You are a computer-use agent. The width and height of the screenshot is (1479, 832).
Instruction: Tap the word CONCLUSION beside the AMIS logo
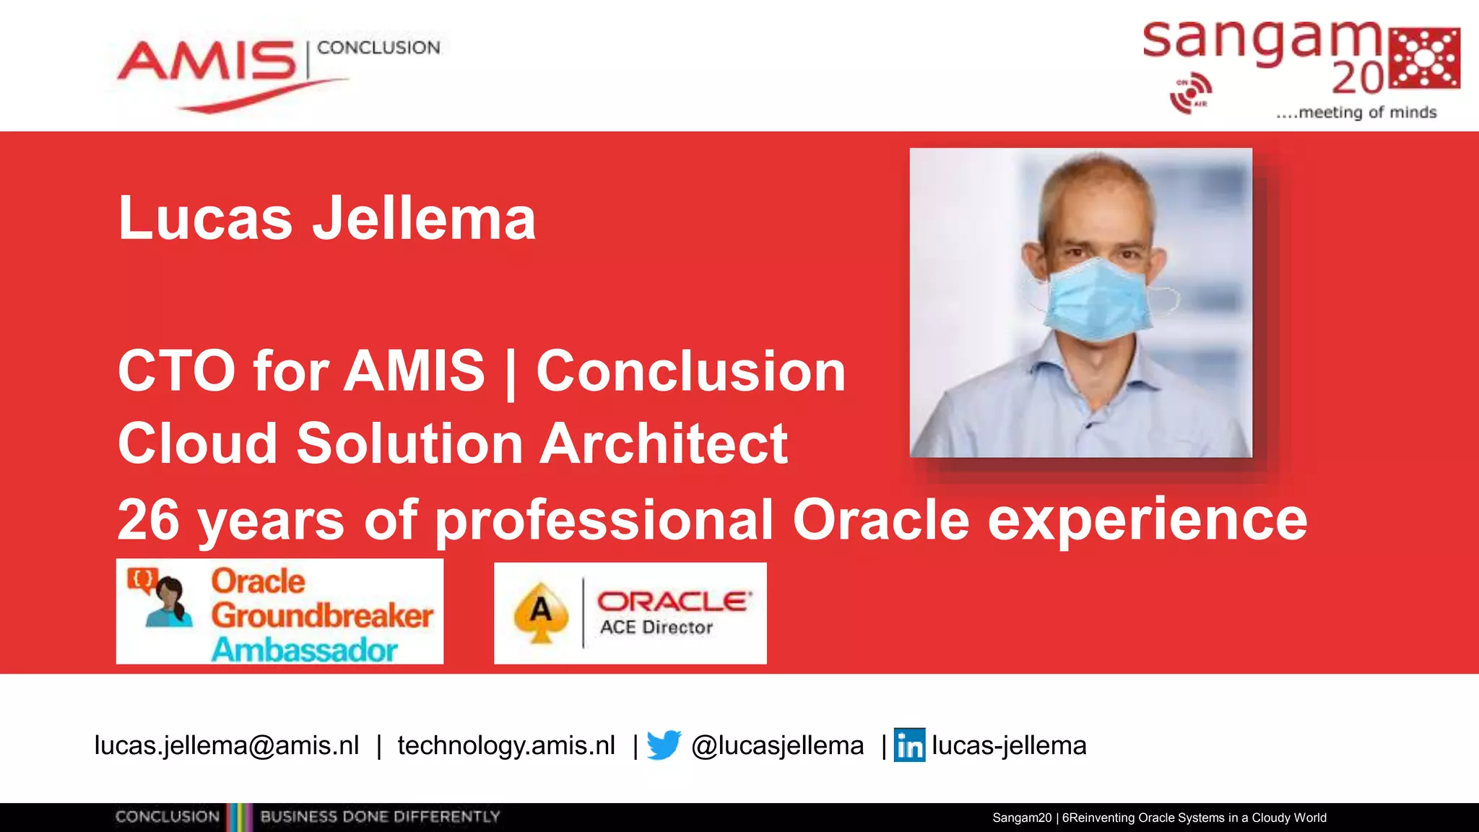pos(378,48)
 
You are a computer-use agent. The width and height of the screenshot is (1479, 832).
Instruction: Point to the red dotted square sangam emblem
pos(1425,58)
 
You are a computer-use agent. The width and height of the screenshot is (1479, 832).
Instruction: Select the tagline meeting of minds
pos(1356,113)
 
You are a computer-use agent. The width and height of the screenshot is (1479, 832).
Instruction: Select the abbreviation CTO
pos(176,370)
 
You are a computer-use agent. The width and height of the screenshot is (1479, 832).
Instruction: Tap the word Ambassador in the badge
pos(304,649)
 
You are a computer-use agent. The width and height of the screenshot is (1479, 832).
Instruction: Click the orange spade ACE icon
pos(541,612)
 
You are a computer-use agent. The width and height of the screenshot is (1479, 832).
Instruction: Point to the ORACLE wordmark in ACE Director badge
pos(674,601)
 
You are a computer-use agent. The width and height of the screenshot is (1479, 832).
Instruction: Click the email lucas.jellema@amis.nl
pos(227,745)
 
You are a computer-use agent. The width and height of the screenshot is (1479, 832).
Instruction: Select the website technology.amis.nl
pos(506,745)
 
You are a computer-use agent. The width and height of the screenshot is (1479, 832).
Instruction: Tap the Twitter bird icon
pos(664,745)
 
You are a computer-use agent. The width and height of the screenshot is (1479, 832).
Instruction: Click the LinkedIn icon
pos(909,745)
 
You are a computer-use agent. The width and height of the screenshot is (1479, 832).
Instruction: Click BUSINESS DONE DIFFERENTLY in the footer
pos(380,817)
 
